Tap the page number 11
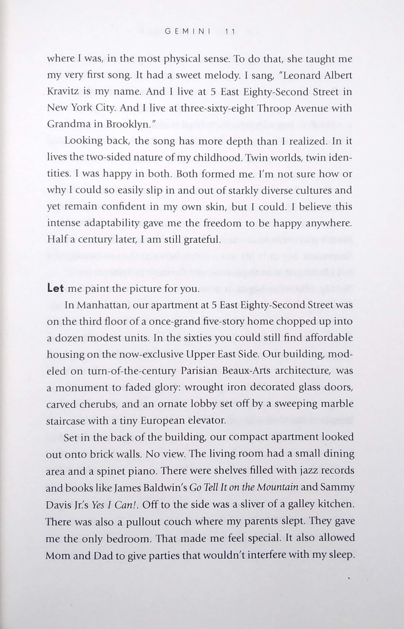pos(230,32)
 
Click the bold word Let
pos(55,288)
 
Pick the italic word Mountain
pos(278,487)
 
